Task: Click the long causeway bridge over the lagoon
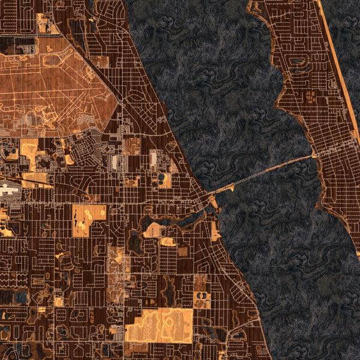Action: [x=264, y=173]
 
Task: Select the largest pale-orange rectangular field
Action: [x=159, y=326]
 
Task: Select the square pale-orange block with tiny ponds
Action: [x=89, y=219]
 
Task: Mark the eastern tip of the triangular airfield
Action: [x=118, y=96]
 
